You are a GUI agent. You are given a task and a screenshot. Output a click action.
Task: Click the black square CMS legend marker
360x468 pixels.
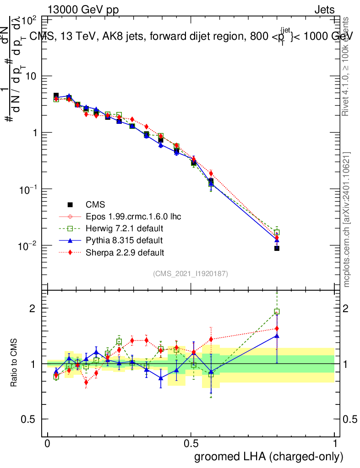[70, 204]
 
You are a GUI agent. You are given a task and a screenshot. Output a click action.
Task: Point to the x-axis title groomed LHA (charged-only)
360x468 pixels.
[269, 457]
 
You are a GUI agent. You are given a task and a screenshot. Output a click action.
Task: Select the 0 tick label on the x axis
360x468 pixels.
[48, 444]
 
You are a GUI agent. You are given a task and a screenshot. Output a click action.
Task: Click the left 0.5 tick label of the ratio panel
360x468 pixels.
[28, 419]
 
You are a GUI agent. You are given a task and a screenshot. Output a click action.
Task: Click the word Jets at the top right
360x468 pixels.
[324, 10]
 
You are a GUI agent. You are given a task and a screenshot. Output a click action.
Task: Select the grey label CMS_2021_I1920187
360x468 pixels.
[191, 273]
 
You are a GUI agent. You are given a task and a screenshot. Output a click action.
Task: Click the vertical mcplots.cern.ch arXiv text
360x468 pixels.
[347, 219]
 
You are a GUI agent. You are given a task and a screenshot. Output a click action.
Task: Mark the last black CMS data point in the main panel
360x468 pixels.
[277, 248]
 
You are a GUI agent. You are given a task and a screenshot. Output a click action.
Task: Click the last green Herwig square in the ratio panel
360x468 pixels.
[277, 312]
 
